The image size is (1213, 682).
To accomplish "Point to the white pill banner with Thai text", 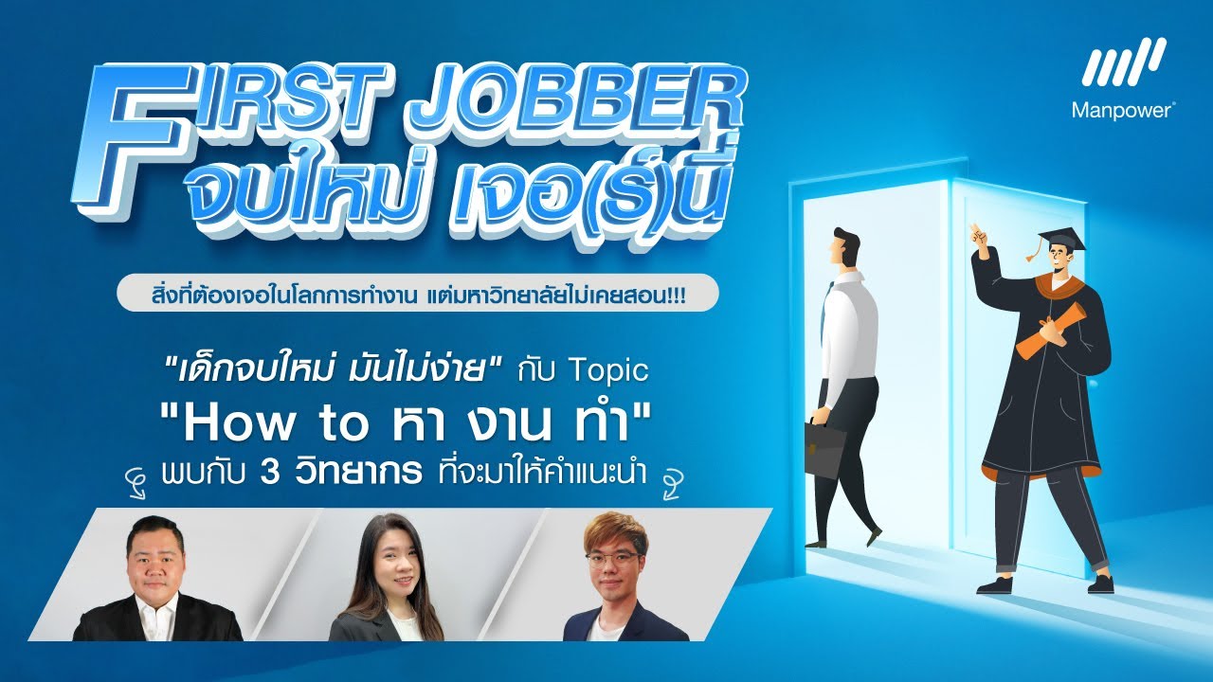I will (x=417, y=294).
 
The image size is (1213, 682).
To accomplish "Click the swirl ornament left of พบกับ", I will (x=142, y=476).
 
